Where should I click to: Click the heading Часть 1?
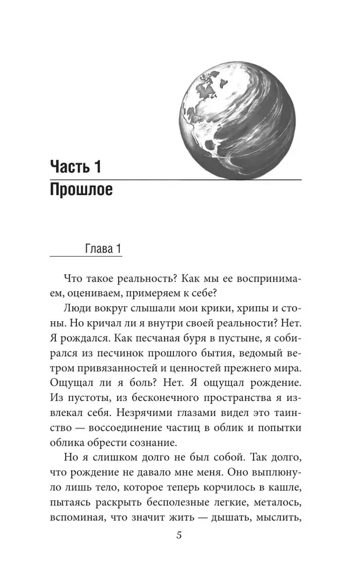point(76,168)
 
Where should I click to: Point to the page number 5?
point(180,535)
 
